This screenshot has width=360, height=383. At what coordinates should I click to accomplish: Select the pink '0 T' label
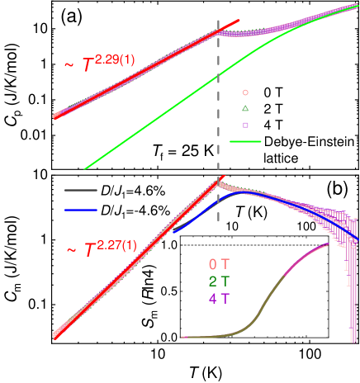[219, 265]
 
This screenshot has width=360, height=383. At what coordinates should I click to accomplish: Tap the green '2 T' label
[219, 281]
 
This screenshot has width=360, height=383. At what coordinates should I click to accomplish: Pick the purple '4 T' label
[219, 298]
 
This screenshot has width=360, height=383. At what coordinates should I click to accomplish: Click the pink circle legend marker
[245, 92]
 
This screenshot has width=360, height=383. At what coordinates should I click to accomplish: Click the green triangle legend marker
[245, 108]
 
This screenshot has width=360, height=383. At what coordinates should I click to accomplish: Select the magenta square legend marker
[245, 125]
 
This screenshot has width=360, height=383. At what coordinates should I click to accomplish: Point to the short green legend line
[244, 142]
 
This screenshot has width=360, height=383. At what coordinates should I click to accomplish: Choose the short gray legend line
[81, 190]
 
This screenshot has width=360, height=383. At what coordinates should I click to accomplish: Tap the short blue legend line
[81, 210]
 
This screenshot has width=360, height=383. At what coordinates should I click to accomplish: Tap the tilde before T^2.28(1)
[69, 65]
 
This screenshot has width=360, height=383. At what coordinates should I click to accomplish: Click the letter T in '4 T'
[225, 298]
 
